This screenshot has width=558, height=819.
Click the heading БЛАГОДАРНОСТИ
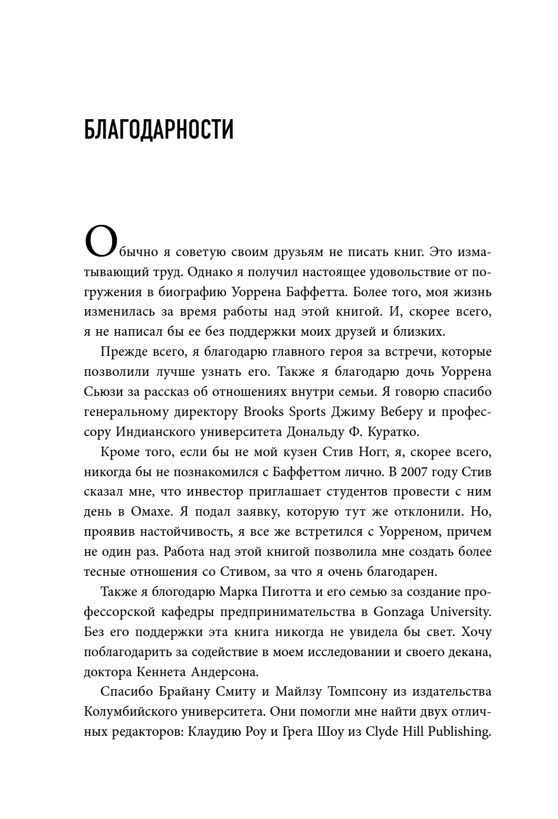pyautogui.click(x=159, y=129)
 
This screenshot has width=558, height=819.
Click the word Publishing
pyautogui.click(x=459, y=732)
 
